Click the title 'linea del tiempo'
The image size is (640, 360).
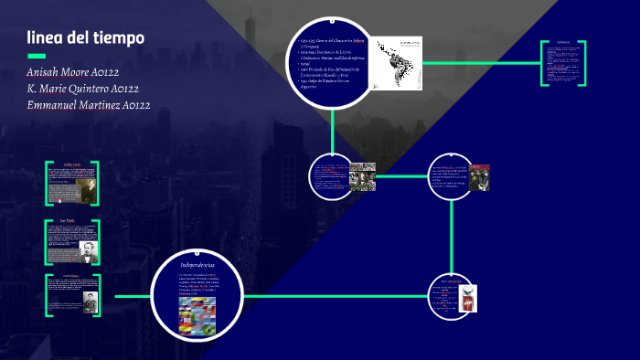(85, 37)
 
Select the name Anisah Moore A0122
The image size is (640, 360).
(74, 72)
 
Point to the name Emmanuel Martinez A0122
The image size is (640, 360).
(89, 106)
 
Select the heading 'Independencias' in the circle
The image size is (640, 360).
(197, 265)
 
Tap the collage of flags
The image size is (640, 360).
(197, 315)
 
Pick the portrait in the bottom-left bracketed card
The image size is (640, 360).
(90, 302)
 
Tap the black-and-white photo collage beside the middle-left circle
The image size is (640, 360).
(363, 176)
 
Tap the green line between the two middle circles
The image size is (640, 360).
(402, 176)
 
